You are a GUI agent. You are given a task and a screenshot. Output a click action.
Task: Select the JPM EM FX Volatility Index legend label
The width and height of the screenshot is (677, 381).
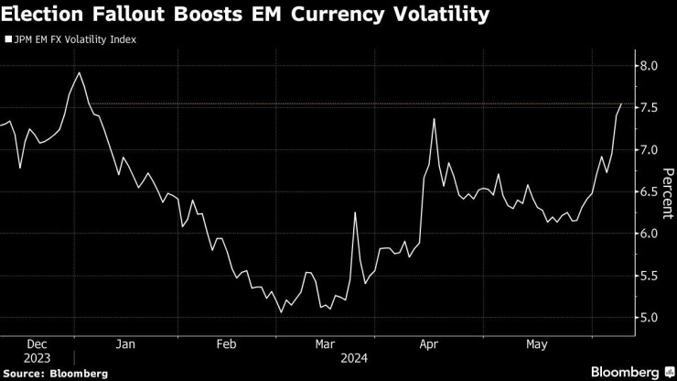73,40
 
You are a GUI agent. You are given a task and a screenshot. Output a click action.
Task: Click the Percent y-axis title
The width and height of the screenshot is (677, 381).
667,191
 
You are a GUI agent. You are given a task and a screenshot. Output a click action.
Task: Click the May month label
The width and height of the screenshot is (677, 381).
536,344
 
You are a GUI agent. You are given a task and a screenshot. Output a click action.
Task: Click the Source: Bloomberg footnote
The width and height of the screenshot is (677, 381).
55,374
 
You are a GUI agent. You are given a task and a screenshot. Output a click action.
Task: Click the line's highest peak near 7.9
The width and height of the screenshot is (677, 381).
80,72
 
